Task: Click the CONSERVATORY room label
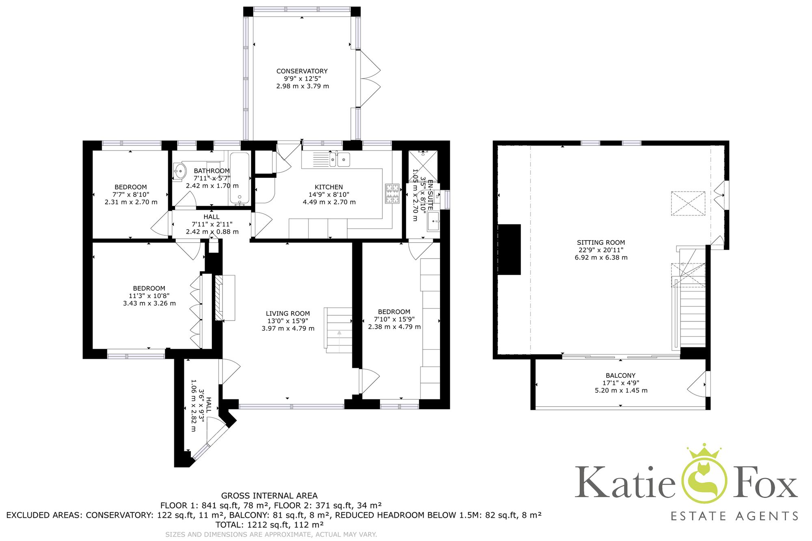click(302, 71)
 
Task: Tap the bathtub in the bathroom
click(240, 178)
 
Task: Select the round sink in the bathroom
click(179, 171)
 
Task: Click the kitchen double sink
click(339, 159)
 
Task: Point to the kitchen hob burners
click(393, 194)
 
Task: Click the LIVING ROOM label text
click(287, 313)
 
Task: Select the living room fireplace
click(225, 298)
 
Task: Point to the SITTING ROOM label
click(601, 242)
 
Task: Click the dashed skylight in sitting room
click(688, 203)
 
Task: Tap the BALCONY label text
click(620, 375)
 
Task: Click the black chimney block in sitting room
click(509, 249)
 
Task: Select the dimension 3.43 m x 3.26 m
click(149, 303)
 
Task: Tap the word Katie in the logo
click(624, 483)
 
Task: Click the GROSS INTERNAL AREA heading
click(269, 496)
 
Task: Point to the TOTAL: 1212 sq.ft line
click(269, 525)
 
